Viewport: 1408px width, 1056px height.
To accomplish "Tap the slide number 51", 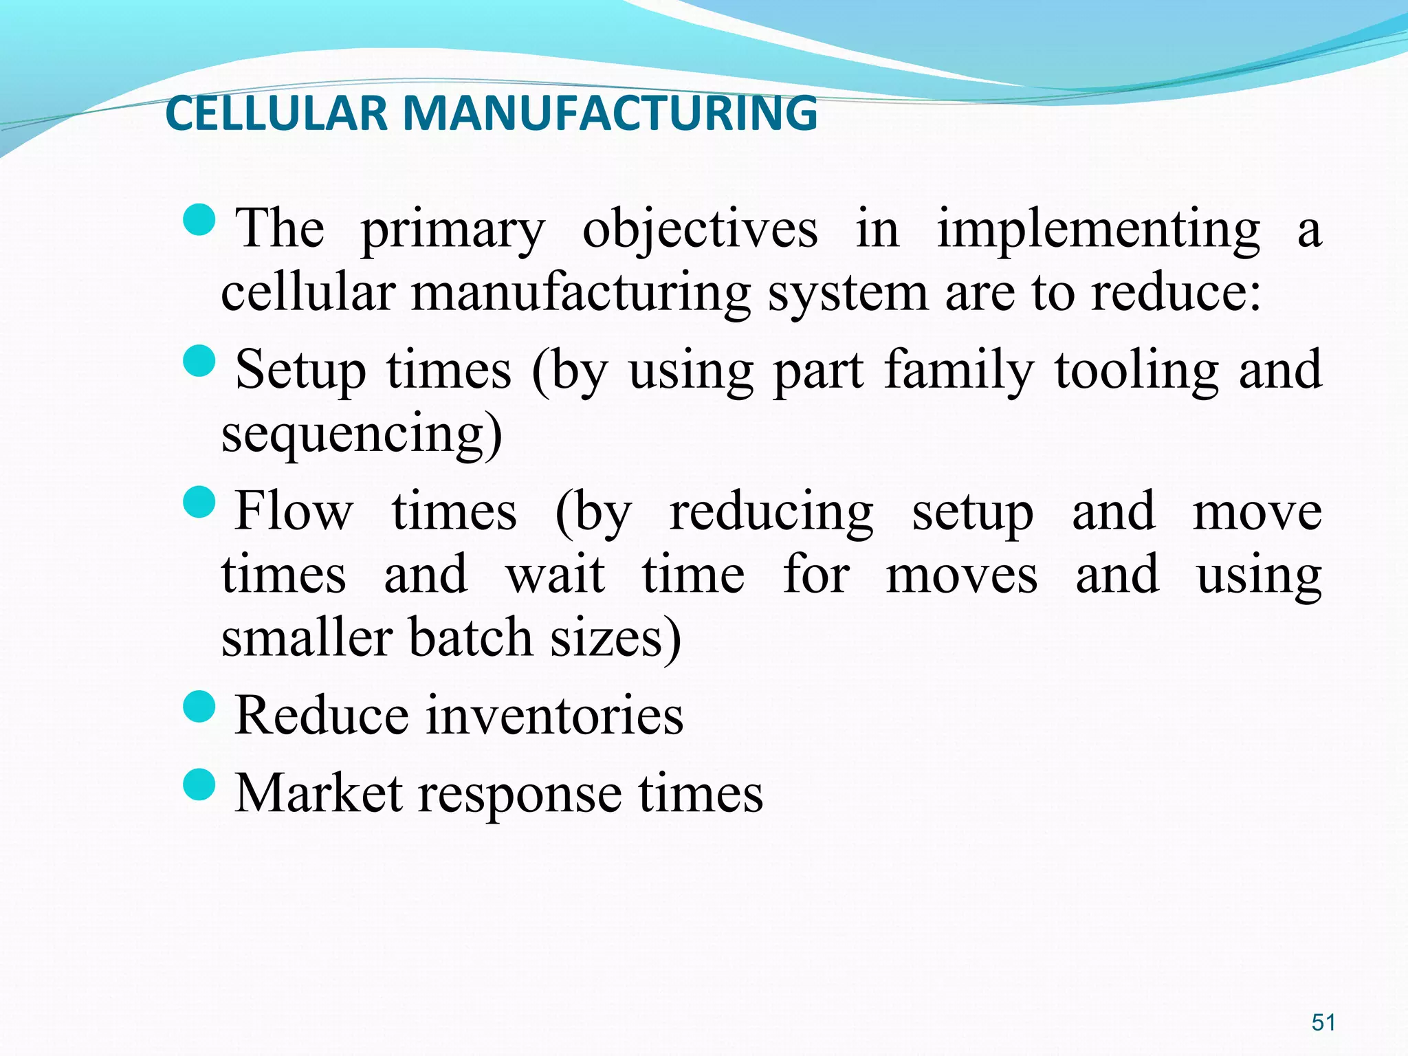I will pyautogui.click(x=1323, y=1022).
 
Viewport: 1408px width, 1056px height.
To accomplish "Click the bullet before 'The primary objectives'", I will pyautogui.click(x=200, y=220).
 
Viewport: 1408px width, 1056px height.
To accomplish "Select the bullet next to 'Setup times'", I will pyautogui.click(x=200, y=361).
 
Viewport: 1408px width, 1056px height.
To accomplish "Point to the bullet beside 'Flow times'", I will pyautogui.click(x=200, y=502).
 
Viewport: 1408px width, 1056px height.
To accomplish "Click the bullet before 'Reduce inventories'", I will pyautogui.click(x=200, y=707).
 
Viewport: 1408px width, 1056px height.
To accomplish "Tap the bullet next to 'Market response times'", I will pyautogui.click(x=200, y=785).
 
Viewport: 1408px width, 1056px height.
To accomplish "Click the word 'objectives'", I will pyautogui.click(x=700, y=230).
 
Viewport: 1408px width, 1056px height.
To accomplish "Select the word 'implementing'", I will pyautogui.click(x=1098, y=230).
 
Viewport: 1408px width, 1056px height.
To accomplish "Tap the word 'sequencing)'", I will pyautogui.click(x=362, y=434).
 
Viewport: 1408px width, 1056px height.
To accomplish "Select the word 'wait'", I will pyautogui.click(x=555, y=575).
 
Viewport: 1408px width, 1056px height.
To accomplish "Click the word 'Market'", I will pyautogui.click(x=318, y=795).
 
